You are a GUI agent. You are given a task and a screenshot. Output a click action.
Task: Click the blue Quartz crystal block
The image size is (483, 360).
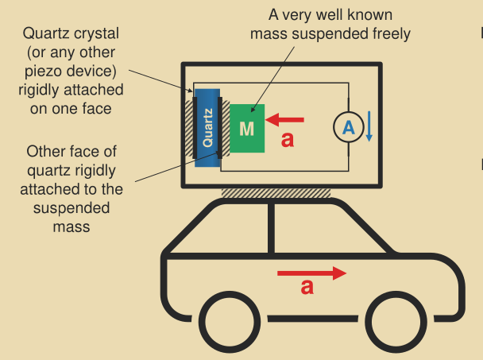[207, 127]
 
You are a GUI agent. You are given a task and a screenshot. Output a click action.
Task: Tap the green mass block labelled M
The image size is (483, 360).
[247, 127]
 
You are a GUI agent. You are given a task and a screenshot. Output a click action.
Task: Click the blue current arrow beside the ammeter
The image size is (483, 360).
[369, 128]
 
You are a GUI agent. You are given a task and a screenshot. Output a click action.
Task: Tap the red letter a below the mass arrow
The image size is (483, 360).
[288, 141]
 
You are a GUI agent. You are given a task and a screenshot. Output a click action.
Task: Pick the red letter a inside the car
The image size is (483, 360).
[307, 288]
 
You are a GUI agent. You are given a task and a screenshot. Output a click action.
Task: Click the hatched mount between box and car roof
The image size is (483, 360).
[276, 192]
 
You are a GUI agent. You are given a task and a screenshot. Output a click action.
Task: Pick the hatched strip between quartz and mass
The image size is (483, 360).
[225, 127]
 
